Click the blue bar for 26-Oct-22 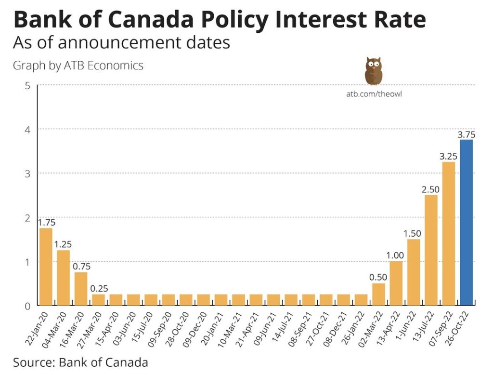tap(466, 223)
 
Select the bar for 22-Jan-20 tap(46, 267)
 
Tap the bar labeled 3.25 tap(449, 234)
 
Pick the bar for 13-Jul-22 tap(431, 250)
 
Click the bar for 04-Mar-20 tap(63, 278)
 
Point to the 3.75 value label tap(466, 135)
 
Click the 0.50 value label tap(378, 278)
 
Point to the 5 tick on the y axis tap(28, 86)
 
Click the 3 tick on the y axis tap(28, 174)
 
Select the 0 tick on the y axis tap(28, 306)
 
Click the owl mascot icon tap(373, 71)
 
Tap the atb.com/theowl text tap(374, 94)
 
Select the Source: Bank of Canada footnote tap(80, 362)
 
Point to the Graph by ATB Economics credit tap(78, 66)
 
